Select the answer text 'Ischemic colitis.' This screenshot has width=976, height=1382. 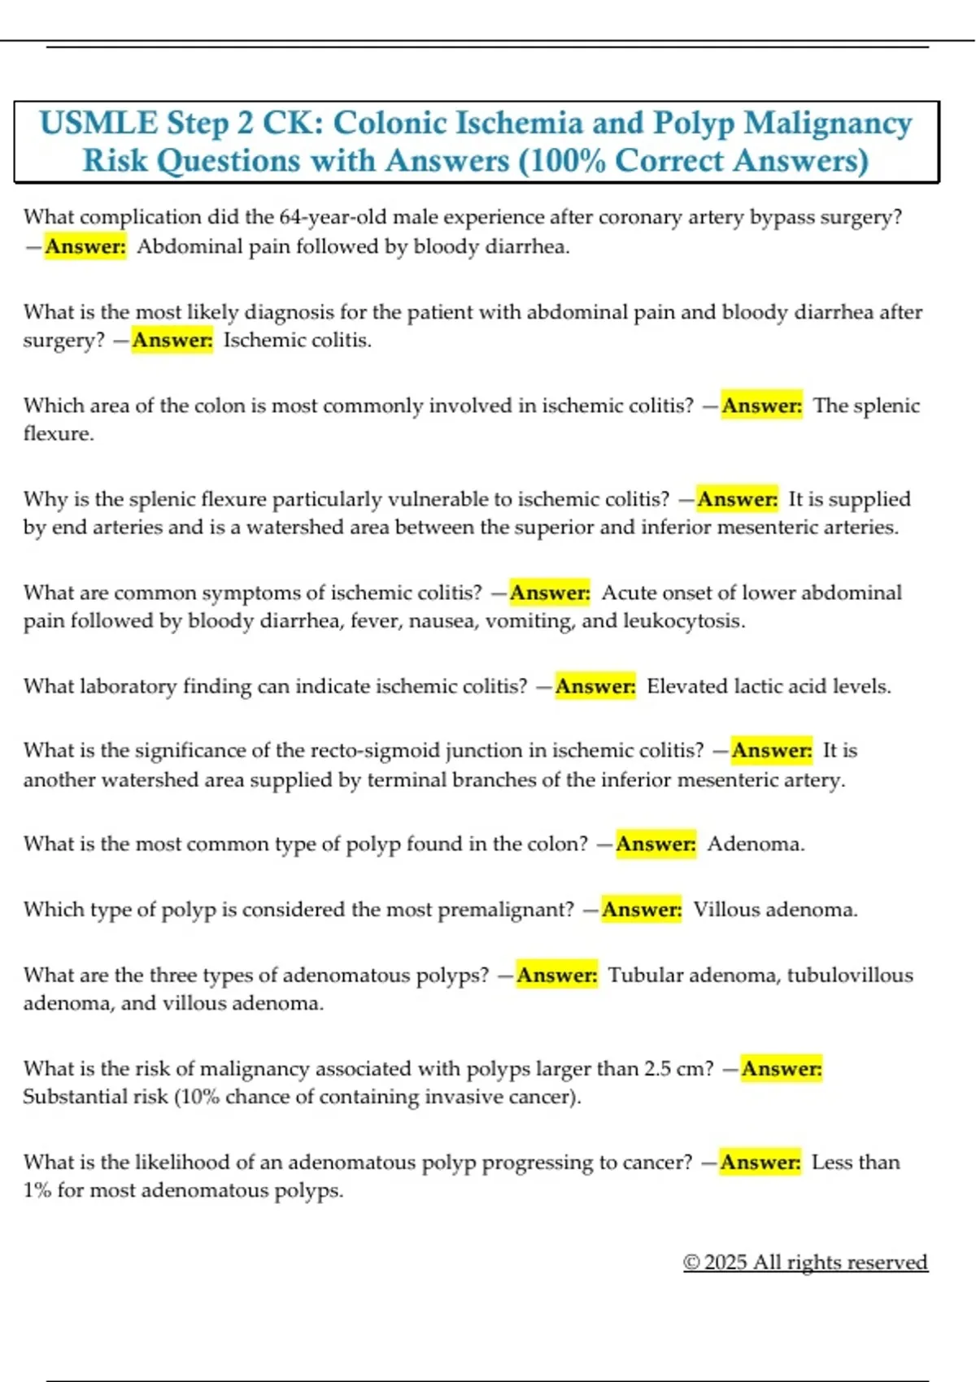(298, 340)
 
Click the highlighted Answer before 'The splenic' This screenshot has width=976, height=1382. (761, 406)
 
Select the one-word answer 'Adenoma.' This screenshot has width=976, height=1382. (756, 844)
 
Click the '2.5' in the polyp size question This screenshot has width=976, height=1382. (657, 1069)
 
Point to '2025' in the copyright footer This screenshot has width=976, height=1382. (725, 1262)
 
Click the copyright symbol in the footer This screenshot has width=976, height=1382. (691, 1262)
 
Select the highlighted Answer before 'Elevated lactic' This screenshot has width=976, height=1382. (595, 687)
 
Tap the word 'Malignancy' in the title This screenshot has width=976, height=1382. (828, 124)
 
